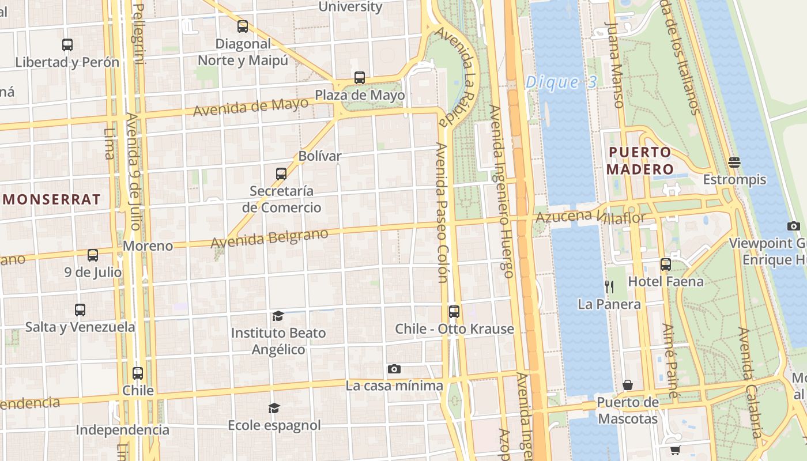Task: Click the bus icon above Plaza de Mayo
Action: point(360,78)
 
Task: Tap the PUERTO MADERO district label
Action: point(640,161)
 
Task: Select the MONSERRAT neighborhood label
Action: point(52,200)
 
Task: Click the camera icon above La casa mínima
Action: point(394,369)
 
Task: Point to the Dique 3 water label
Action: point(561,82)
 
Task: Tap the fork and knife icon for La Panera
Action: point(609,286)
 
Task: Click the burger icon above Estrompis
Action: point(734,163)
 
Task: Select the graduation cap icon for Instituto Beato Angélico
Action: point(278,316)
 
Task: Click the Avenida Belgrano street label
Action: point(269,239)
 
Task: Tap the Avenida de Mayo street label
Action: point(251,107)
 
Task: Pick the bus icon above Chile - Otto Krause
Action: point(454,312)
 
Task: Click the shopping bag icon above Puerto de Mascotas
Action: point(628,384)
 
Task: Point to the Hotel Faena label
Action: point(666,282)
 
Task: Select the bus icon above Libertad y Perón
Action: point(67,45)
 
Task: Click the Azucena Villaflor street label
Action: point(590,217)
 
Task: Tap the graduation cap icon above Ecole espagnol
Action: point(274,409)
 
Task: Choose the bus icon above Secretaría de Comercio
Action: point(281,173)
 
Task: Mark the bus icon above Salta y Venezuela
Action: point(80,310)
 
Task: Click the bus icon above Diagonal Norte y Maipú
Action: point(243,27)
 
